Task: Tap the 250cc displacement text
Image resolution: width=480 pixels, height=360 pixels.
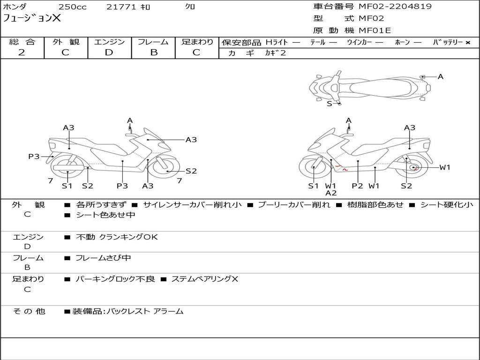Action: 72,7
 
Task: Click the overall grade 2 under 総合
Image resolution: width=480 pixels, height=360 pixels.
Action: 22,52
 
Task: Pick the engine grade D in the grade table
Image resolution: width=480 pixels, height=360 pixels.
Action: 109,52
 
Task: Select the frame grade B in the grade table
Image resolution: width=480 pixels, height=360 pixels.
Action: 154,52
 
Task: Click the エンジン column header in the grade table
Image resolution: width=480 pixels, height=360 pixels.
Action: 109,42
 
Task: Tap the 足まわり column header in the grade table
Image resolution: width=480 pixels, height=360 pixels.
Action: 197,42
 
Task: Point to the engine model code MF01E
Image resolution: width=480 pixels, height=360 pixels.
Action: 375,31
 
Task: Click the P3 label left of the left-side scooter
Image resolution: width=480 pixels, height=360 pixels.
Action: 34,157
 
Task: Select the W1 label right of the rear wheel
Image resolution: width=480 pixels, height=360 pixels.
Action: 444,167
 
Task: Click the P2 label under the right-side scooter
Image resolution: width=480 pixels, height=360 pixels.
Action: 358,186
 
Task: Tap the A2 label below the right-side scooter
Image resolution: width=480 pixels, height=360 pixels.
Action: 331,193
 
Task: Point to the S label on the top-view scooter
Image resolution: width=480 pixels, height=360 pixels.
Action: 329,104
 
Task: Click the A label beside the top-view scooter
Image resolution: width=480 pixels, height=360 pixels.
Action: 441,76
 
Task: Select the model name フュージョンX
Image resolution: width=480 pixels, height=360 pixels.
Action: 32,18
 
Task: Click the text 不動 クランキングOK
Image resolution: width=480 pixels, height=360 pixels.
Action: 117,237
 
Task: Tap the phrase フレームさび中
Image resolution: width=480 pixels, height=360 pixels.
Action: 103,258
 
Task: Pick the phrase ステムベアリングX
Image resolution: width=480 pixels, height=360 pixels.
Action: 204,279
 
